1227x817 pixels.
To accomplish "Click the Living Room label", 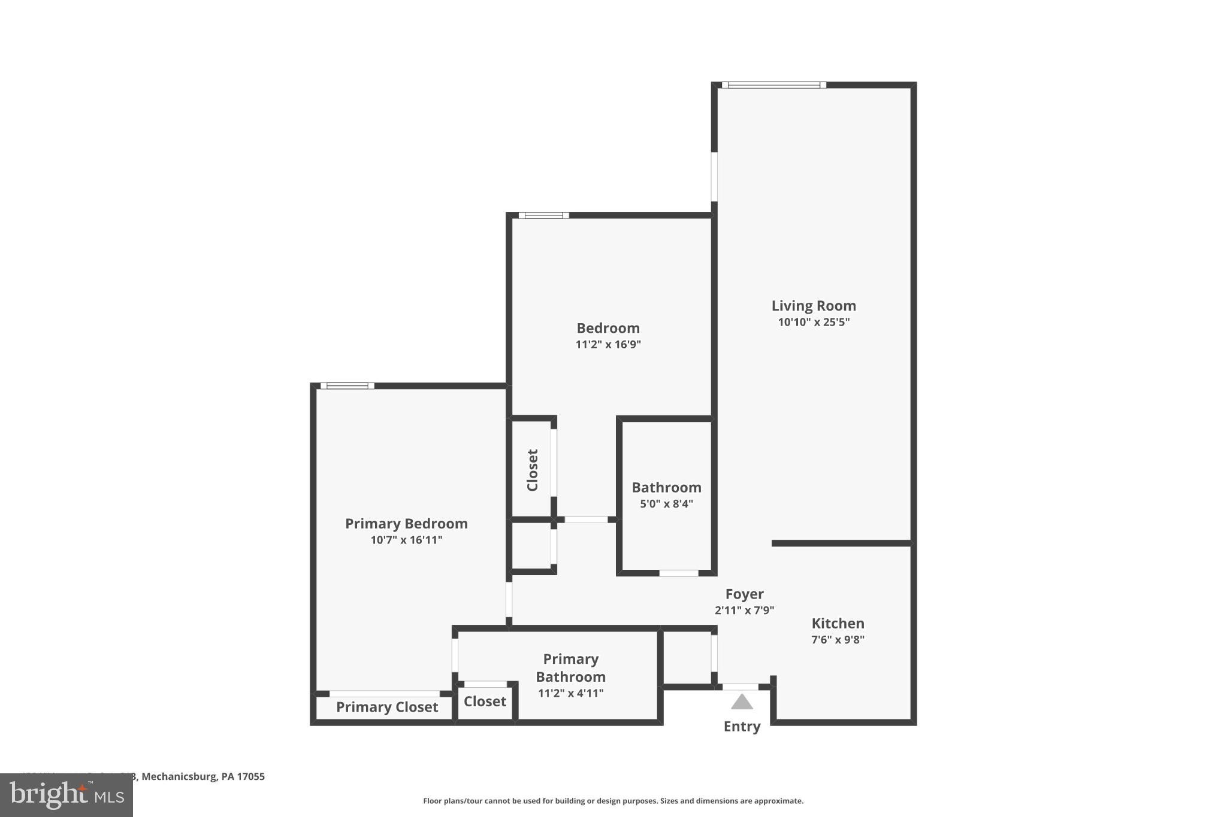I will pos(813,306).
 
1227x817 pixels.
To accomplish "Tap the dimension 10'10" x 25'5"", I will pos(813,322).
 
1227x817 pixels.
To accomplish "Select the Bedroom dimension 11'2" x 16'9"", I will pos(608,344).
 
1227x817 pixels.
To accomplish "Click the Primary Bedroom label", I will pos(406,524).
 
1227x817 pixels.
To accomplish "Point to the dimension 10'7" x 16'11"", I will pos(406,540).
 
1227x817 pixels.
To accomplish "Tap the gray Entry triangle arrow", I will pos(742,702).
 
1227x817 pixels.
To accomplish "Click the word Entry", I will pos(742,727).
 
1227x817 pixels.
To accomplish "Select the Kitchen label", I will pos(838,623).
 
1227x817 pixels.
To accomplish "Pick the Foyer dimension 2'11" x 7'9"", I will pos(744,611).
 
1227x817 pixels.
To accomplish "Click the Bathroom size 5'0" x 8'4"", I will pos(666,504).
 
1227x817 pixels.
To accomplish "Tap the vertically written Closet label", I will pos(532,470).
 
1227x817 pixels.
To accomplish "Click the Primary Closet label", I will pos(386,707).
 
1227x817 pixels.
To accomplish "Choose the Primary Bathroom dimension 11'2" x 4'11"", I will pos(570,694).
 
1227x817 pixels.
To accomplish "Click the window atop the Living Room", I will pos(773,85).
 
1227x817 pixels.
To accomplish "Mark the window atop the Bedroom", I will pos(543,215).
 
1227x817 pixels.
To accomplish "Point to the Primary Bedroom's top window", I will pos(347,386).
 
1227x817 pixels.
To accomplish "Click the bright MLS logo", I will pos(66,795).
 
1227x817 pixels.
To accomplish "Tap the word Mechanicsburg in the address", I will pos(179,776).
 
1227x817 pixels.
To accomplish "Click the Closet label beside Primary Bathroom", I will pos(485,701).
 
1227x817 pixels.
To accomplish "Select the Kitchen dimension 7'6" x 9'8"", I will pos(838,640).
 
